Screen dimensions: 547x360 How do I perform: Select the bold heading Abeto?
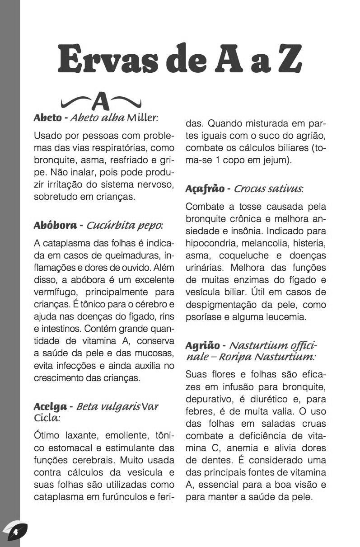coord(47,118)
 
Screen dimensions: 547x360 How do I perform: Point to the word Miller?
coord(141,118)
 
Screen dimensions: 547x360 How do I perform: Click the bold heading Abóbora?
coord(55,225)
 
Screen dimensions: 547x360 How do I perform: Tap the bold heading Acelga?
coord(50,406)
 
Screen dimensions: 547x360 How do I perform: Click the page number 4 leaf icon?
coord(15,532)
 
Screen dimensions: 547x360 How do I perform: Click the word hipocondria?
coord(210,244)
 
